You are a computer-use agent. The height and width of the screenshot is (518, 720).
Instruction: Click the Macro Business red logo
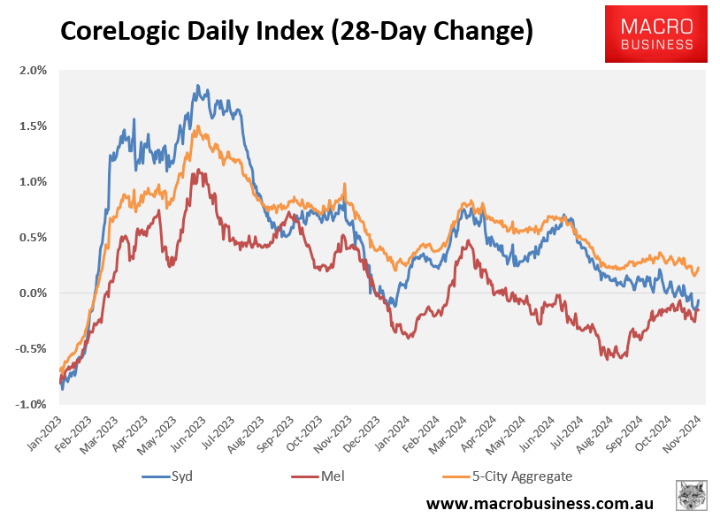(656, 33)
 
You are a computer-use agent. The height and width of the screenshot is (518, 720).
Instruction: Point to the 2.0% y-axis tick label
(34, 71)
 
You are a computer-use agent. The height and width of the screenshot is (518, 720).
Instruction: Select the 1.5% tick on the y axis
(34, 126)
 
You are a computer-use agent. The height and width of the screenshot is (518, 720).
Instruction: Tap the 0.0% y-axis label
(34, 293)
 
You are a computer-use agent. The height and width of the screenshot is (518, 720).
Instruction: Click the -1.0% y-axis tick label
(33, 404)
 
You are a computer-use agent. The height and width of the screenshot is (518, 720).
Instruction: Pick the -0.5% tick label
(33, 348)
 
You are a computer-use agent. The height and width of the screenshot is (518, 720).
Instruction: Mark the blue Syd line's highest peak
(197, 86)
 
